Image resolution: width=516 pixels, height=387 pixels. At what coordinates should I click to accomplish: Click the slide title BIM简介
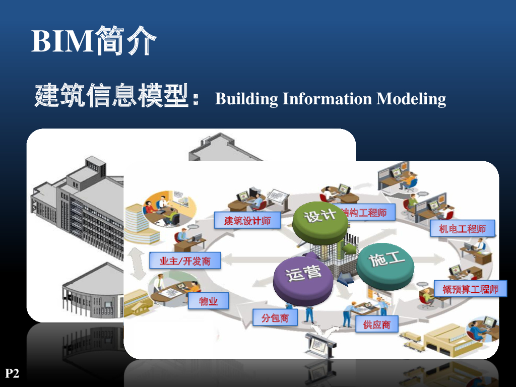(x=94, y=41)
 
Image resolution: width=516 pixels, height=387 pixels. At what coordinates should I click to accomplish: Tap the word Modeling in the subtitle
(x=411, y=98)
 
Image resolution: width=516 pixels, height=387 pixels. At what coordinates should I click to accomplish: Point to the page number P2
(x=12, y=373)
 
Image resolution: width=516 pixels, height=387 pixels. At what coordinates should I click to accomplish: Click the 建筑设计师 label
(x=247, y=220)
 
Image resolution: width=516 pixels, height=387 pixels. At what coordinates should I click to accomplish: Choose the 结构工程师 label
(x=366, y=213)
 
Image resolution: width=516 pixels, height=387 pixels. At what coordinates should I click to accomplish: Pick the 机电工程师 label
(x=463, y=229)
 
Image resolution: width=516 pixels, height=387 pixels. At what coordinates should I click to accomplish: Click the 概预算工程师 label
(x=470, y=289)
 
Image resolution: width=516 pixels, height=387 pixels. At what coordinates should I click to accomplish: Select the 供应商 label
(x=376, y=325)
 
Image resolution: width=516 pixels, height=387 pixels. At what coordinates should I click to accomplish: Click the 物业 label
(x=208, y=301)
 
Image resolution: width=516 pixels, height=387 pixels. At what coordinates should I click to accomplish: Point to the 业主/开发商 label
(x=185, y=261)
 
